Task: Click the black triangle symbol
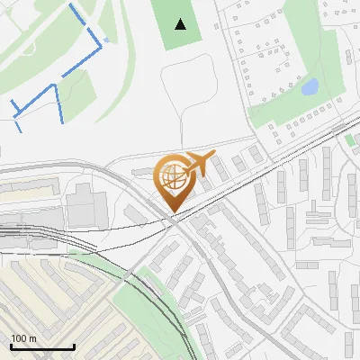[x=182, y=24]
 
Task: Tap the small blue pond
[x=310, y=87]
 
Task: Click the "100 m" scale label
[x=23, y=338]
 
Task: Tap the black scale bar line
[x=41, y=347]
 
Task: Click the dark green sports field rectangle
[x=182, y=25]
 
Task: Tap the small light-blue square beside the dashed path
[x=107, y=40]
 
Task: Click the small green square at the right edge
[x=351, y=140]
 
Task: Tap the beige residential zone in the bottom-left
[x=54, y=297]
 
